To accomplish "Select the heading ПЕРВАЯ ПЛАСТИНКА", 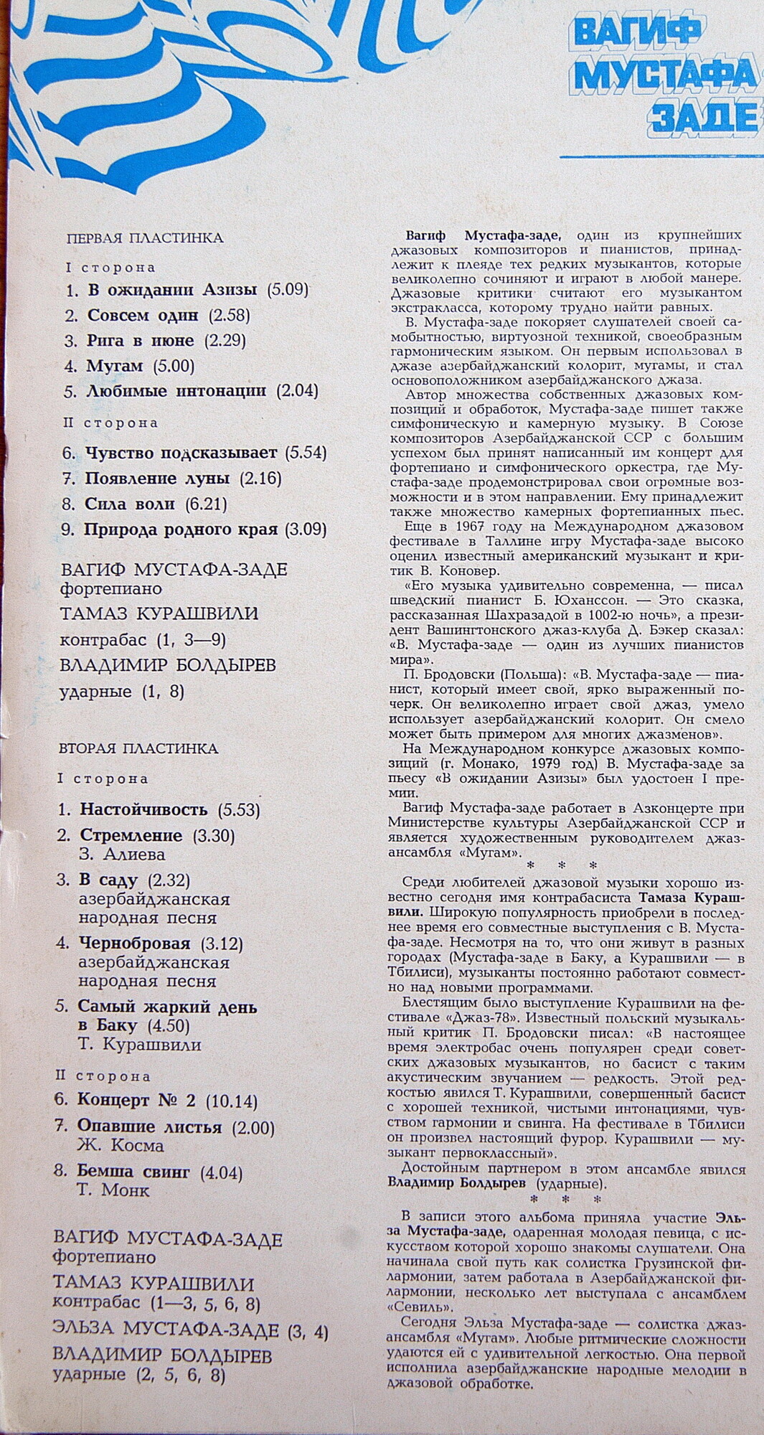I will tap(145, 238).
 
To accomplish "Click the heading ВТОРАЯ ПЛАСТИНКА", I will tap(138, 748).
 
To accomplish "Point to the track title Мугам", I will tap(115, 366).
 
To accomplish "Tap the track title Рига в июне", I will tap(141, 340).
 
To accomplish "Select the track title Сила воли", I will tap(130, 504).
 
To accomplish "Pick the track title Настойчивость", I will tap(143, 810).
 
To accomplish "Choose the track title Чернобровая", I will tap(135, 943).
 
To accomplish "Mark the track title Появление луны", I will tap(157, 478).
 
